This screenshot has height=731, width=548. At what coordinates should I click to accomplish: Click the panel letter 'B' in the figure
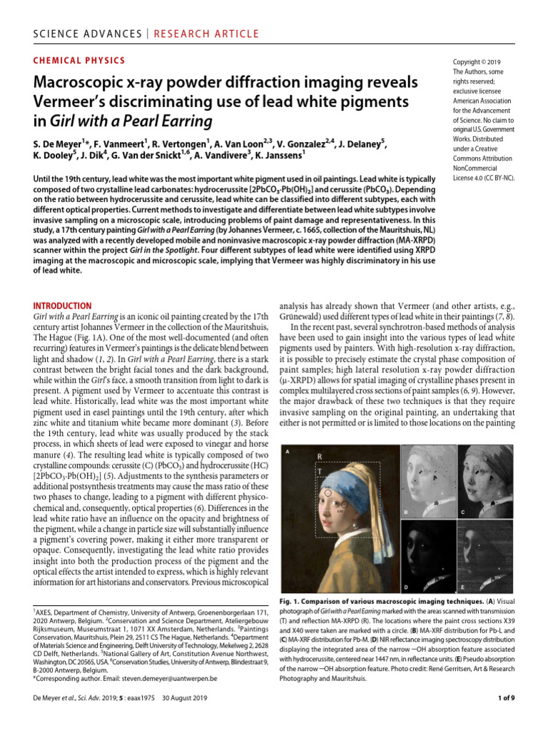(x=405, y=513)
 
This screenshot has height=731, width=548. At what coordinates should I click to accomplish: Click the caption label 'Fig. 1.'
(x=293, y=602)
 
